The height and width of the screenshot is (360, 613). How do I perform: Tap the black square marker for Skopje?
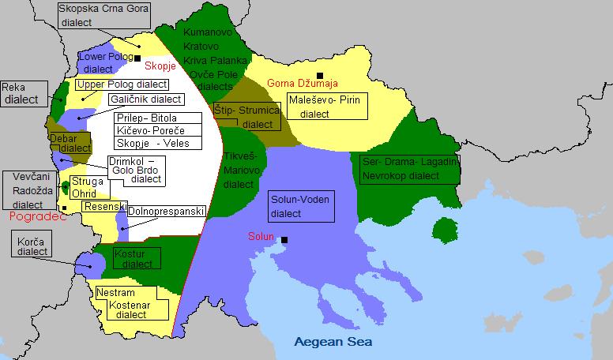click(x=137, y=58)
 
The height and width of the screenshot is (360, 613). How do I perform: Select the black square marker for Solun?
click(x=284, y=239)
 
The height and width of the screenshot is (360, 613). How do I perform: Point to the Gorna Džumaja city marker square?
click(x=320, y=76)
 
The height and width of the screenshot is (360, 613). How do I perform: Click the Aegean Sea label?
click(x=333, y=343)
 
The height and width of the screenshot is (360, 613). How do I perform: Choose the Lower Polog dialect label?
click(x=105, y=63)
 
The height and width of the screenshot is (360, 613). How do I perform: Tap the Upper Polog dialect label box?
click(x=122, y=84)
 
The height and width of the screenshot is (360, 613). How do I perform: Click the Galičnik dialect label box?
click(x=145, y=99)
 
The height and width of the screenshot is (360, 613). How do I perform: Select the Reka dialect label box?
click(x=19, y=94)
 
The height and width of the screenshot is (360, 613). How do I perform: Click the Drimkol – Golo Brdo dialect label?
click(x=135, y=170)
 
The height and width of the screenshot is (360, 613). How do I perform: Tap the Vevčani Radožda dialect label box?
click(x=32, y=190)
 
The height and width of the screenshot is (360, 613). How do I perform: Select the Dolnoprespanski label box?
click(x=167, y=211)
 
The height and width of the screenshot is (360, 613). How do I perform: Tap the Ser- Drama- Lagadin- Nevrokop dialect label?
click(x=409, y=168)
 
